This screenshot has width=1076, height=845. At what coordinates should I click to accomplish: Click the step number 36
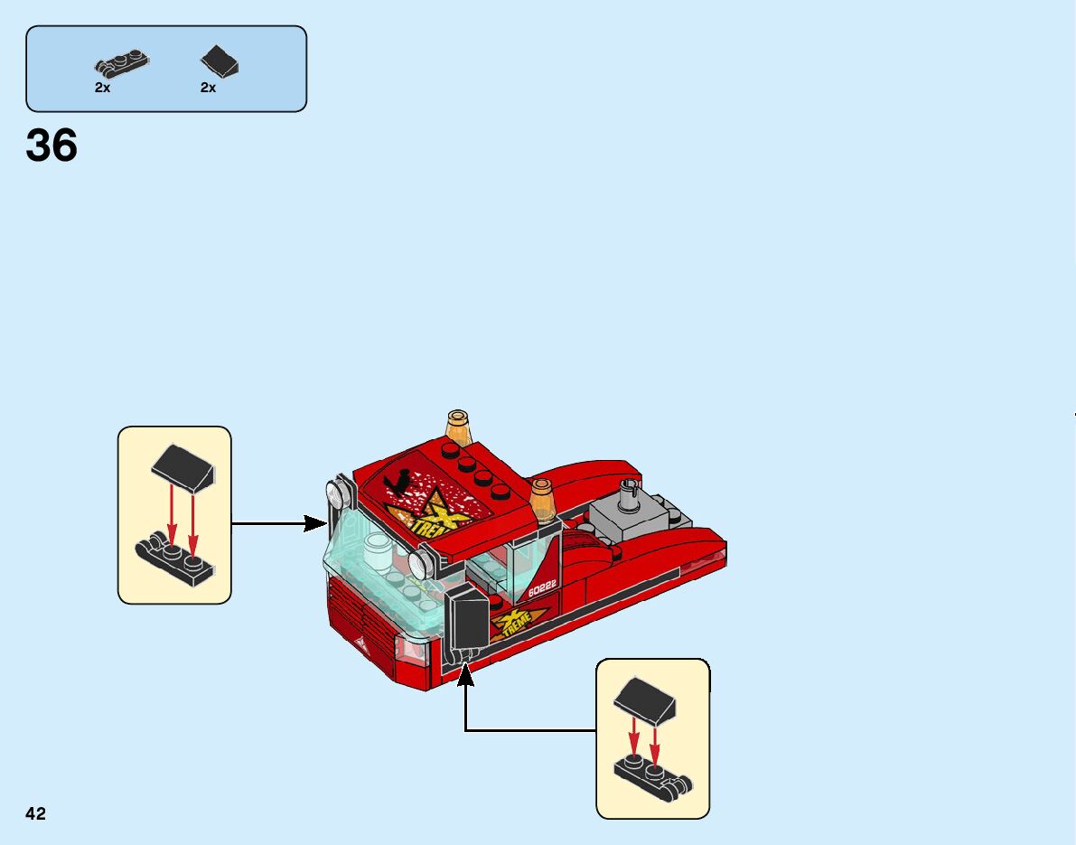[x=51, y=146]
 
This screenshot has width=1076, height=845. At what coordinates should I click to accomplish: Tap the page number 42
[x=35, y=813]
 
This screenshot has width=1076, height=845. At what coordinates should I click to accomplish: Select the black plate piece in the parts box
[x=121, y=64]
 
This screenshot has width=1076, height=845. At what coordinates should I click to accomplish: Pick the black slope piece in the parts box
[x=220, y=61]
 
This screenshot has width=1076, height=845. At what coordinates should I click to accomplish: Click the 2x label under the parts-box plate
[x=102, y=88]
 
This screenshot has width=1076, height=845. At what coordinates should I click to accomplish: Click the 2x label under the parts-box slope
[x=208, y=88]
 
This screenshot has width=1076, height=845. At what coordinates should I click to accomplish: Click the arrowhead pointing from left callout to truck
[x=315, y=522]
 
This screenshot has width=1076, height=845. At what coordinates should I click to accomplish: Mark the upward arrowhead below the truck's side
[x=466, y=671]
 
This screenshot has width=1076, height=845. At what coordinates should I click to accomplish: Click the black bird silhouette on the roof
[x=396, y=485]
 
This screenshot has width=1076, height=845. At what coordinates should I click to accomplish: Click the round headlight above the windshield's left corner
[x=337, y=493]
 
